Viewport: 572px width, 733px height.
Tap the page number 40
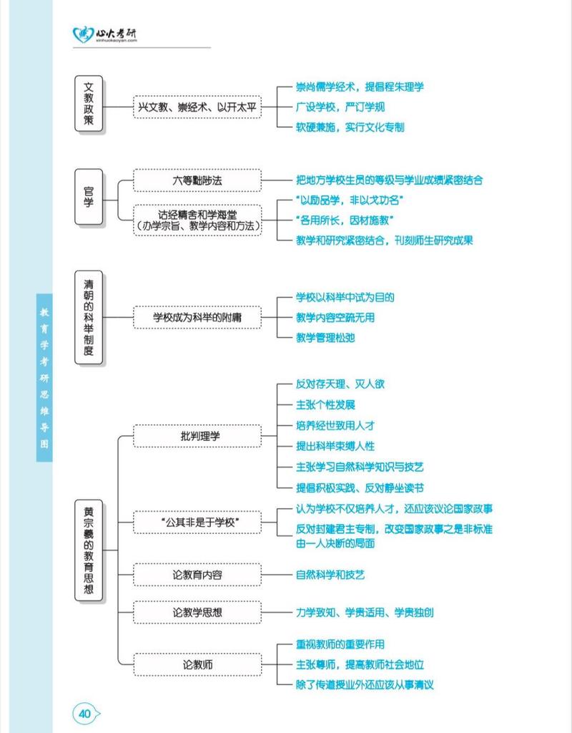point(85,713)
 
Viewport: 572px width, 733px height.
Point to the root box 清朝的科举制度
point(89,317)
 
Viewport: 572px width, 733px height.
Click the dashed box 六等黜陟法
point(197,180)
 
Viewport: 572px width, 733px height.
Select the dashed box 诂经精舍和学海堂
point(197,220)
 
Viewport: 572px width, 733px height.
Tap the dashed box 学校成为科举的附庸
point(197,317)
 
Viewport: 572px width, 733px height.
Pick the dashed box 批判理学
point(197,435)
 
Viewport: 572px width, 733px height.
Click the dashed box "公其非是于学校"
point(197,523)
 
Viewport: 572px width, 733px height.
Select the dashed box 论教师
point(197,665)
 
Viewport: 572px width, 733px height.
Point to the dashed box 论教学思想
point(197,613)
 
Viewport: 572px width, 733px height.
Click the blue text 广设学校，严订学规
point(340,107)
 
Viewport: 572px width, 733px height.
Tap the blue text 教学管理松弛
point(325,337)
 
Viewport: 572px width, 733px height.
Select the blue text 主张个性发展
point(325,404)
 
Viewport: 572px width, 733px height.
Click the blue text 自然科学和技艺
point(330,575)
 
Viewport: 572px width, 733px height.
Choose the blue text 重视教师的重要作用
point(340,645)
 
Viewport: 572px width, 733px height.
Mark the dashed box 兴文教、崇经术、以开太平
point(197,107)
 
